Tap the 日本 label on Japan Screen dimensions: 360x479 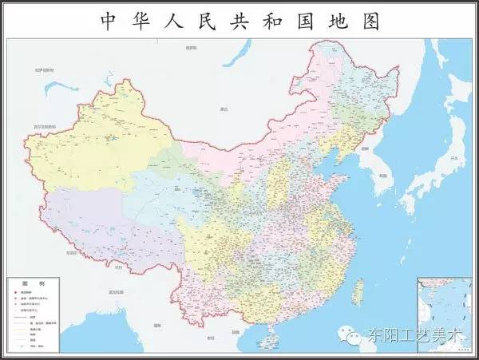click(456, 159)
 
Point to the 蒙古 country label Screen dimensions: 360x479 click(224, 108)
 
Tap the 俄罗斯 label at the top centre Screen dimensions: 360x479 click(190, 48)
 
